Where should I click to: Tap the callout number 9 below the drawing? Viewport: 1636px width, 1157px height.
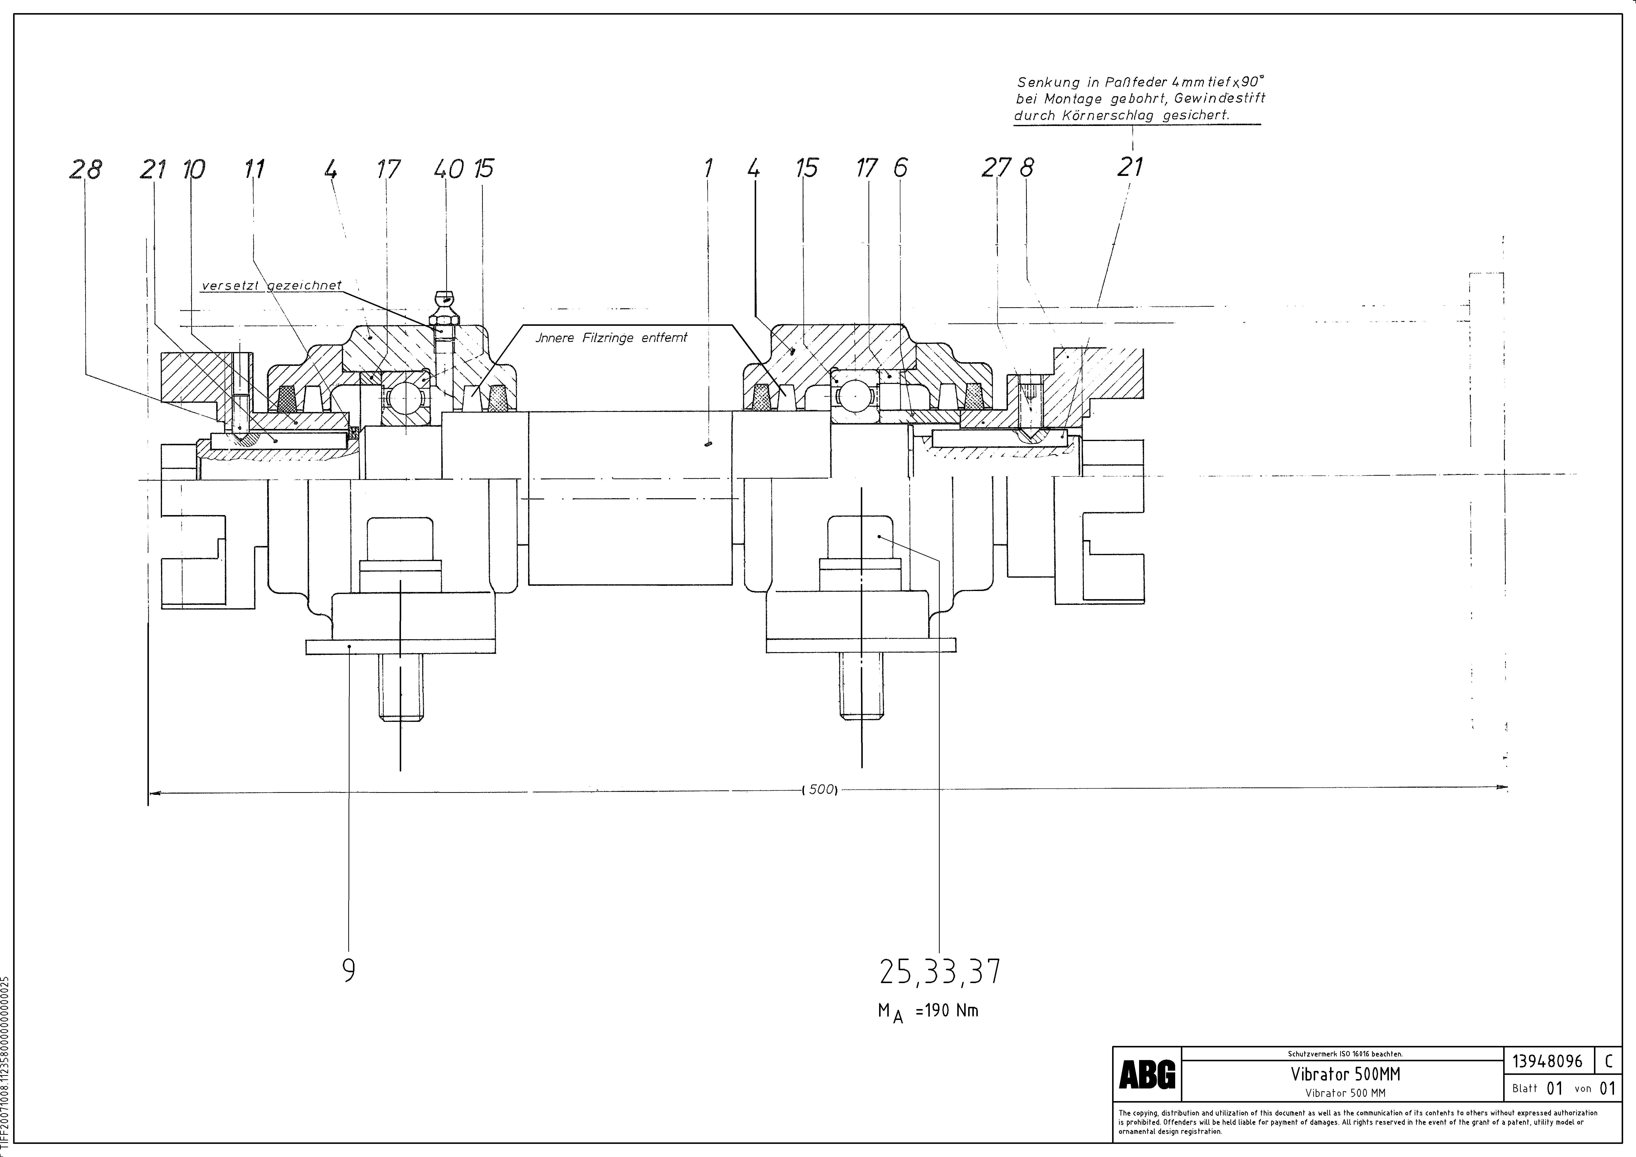pos(349,970)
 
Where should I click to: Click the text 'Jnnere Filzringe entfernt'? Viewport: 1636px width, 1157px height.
pos(611,338)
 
